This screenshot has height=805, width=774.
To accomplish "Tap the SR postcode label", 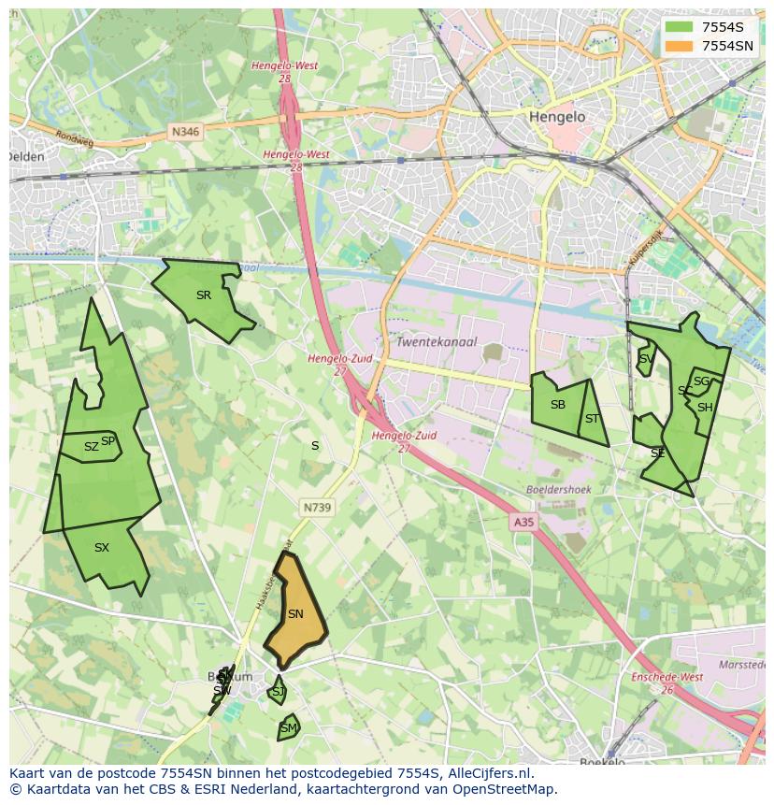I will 204,295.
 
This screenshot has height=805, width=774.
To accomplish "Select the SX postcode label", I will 102,548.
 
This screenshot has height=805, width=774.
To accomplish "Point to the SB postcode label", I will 558,405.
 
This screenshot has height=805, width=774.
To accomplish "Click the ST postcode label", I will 592,419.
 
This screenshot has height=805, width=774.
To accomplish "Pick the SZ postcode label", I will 91,447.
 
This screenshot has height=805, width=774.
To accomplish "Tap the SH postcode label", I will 705,408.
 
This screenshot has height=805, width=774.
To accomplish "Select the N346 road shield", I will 185,133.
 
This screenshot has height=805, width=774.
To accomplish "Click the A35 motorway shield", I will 523,523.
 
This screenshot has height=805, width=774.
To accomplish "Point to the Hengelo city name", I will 557,117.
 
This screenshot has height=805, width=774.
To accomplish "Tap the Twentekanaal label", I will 437,342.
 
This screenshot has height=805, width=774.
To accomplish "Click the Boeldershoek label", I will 559,489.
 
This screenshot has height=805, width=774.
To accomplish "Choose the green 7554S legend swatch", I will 679,27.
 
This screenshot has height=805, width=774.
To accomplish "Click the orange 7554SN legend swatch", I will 679,46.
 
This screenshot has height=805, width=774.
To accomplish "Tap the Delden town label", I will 26,157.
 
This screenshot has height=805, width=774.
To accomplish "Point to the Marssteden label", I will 743,665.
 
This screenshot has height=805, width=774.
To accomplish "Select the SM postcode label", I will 289,728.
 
